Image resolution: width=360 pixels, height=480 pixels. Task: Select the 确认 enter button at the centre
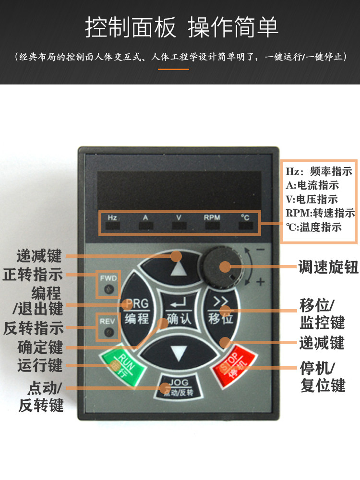[x=178, y=311]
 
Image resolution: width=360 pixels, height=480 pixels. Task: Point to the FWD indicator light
[x=109, y=289]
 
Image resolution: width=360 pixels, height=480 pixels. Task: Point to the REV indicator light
[x=109, y=332]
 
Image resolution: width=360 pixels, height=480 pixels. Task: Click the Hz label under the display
[x=112, y=217]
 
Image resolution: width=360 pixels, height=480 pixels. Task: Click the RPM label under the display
[x=212, y=217]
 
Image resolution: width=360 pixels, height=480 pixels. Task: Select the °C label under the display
[x=245, y=217]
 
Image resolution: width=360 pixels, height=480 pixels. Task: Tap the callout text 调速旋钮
[x=327, y=267]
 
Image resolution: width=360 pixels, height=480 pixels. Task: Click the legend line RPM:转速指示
[x=320, y=213]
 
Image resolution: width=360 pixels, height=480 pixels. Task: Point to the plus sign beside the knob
[x=261, y=282]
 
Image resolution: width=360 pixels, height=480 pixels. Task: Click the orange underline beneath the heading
[x=173, y=69]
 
